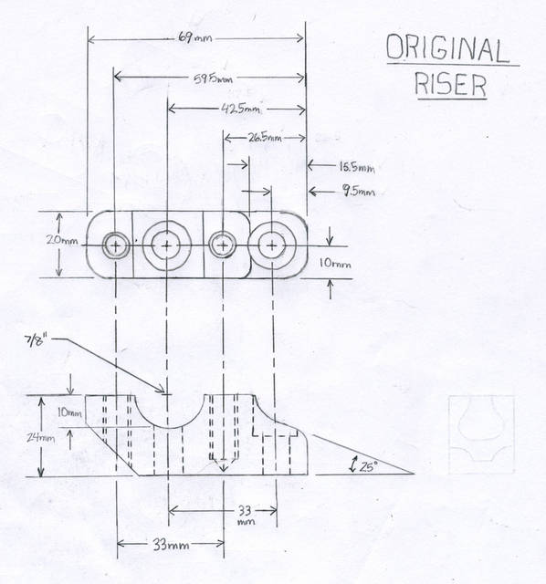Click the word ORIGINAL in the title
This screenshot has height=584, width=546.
point(447,48)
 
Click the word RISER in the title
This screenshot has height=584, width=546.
point(450,84)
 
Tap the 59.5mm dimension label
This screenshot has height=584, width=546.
point(213,78)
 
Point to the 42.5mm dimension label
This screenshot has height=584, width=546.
point(240,109)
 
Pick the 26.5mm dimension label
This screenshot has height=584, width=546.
point(265,138)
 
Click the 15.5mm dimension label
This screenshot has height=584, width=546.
point(357,167)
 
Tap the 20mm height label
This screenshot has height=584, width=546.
point(62,240)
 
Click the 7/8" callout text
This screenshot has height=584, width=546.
point(41,341)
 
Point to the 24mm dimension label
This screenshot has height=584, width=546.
point(40,438)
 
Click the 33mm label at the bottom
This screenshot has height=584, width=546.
point(171,546)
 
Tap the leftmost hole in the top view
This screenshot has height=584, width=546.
point(116,245)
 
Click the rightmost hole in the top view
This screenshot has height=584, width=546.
point(272,245)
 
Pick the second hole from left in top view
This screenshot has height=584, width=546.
point(166,245)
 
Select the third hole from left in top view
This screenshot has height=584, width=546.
point(222,245)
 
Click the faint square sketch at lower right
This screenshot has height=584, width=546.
point(481,434)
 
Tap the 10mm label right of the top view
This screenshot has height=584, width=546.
point(335,264)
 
